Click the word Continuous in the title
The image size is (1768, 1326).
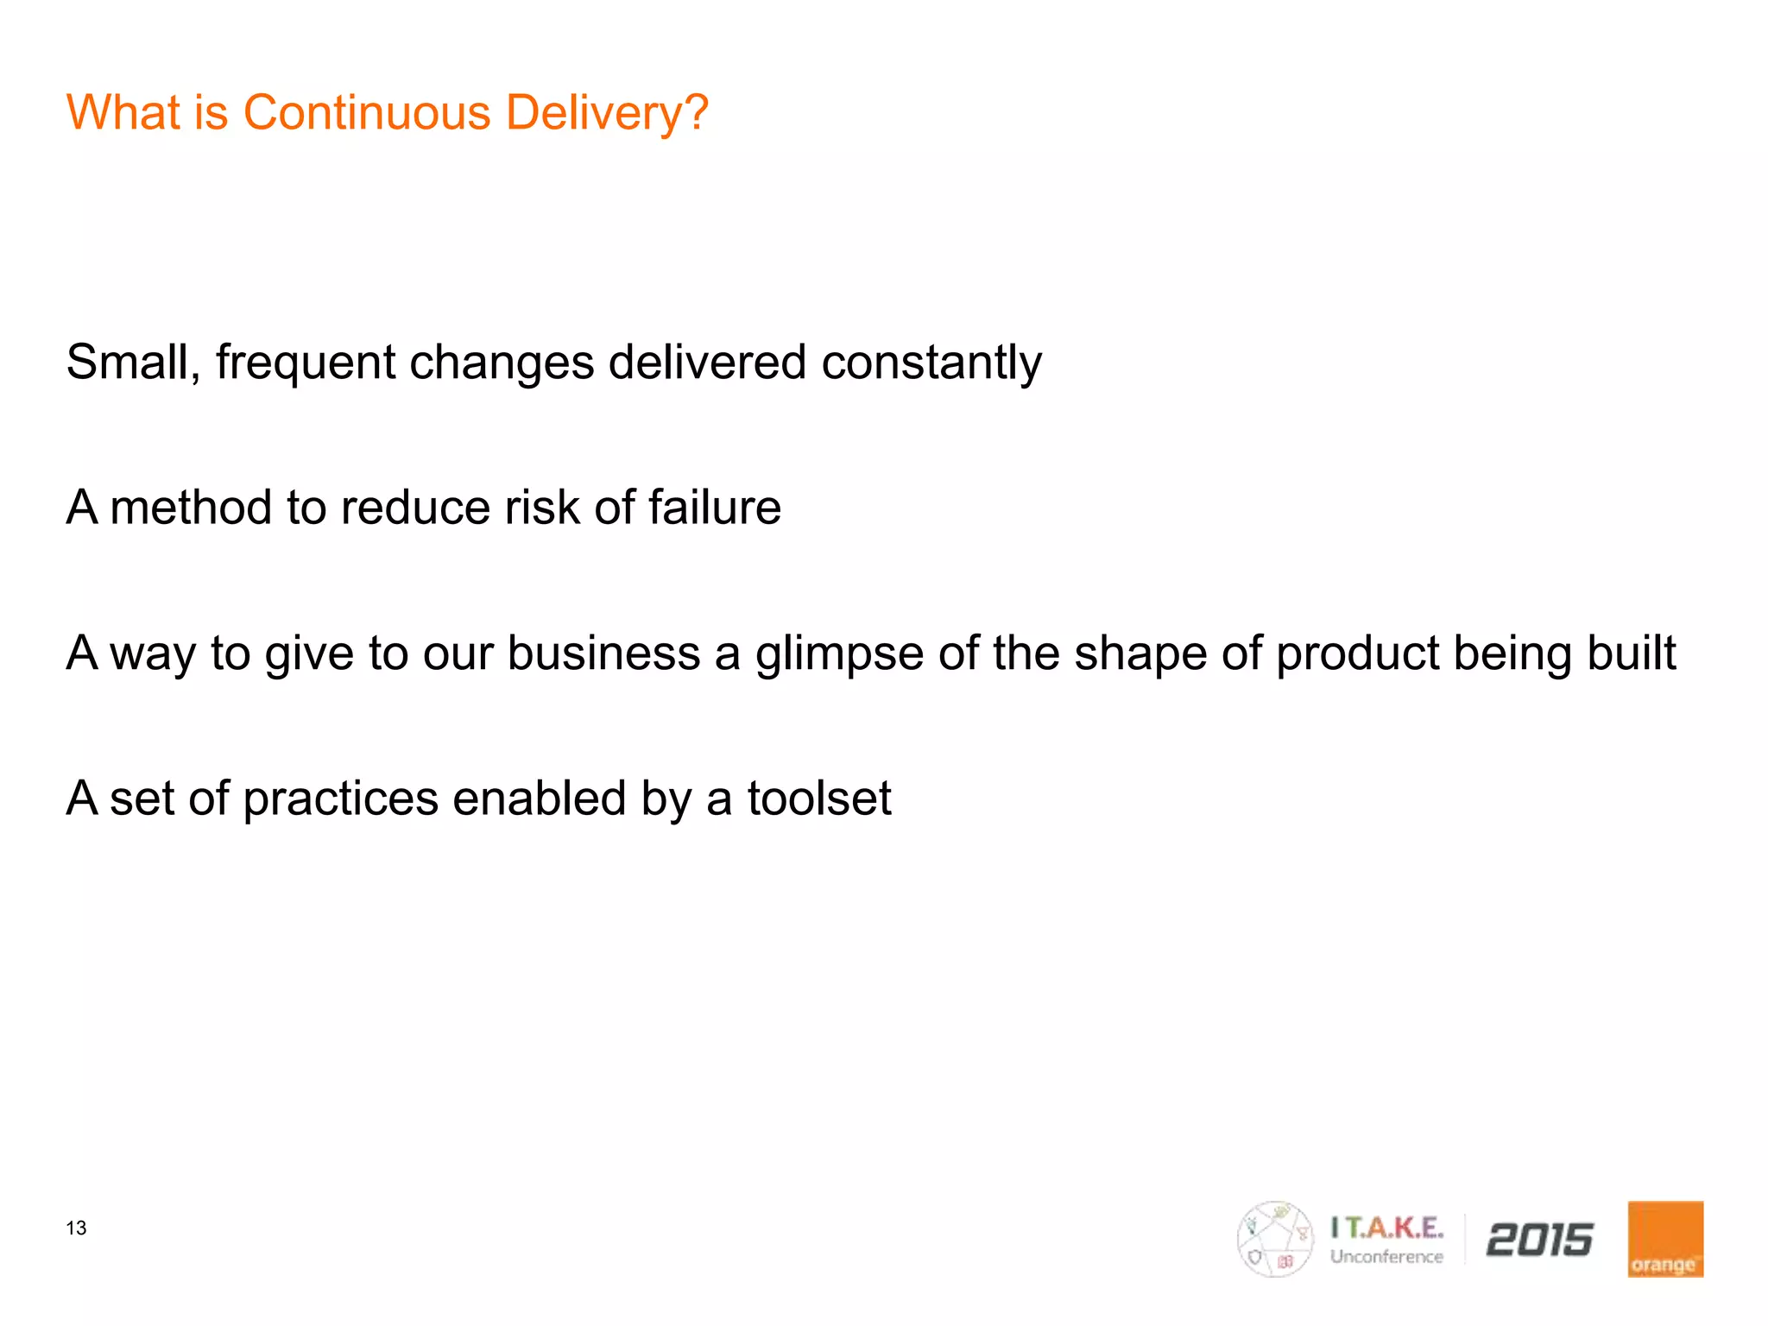[367, 112]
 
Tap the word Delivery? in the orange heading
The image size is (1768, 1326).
[607, 114]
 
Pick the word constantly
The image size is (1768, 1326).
[931, 362]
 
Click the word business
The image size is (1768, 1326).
[603, 653]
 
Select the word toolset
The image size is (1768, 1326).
[819, 798]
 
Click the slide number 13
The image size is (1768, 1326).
[76, 1228]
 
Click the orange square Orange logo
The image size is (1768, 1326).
[1664, 1239]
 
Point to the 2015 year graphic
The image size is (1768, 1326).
[1539, 1240]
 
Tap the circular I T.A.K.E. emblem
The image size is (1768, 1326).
[1274, 1239]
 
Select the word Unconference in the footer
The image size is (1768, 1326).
[1386, 1257]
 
